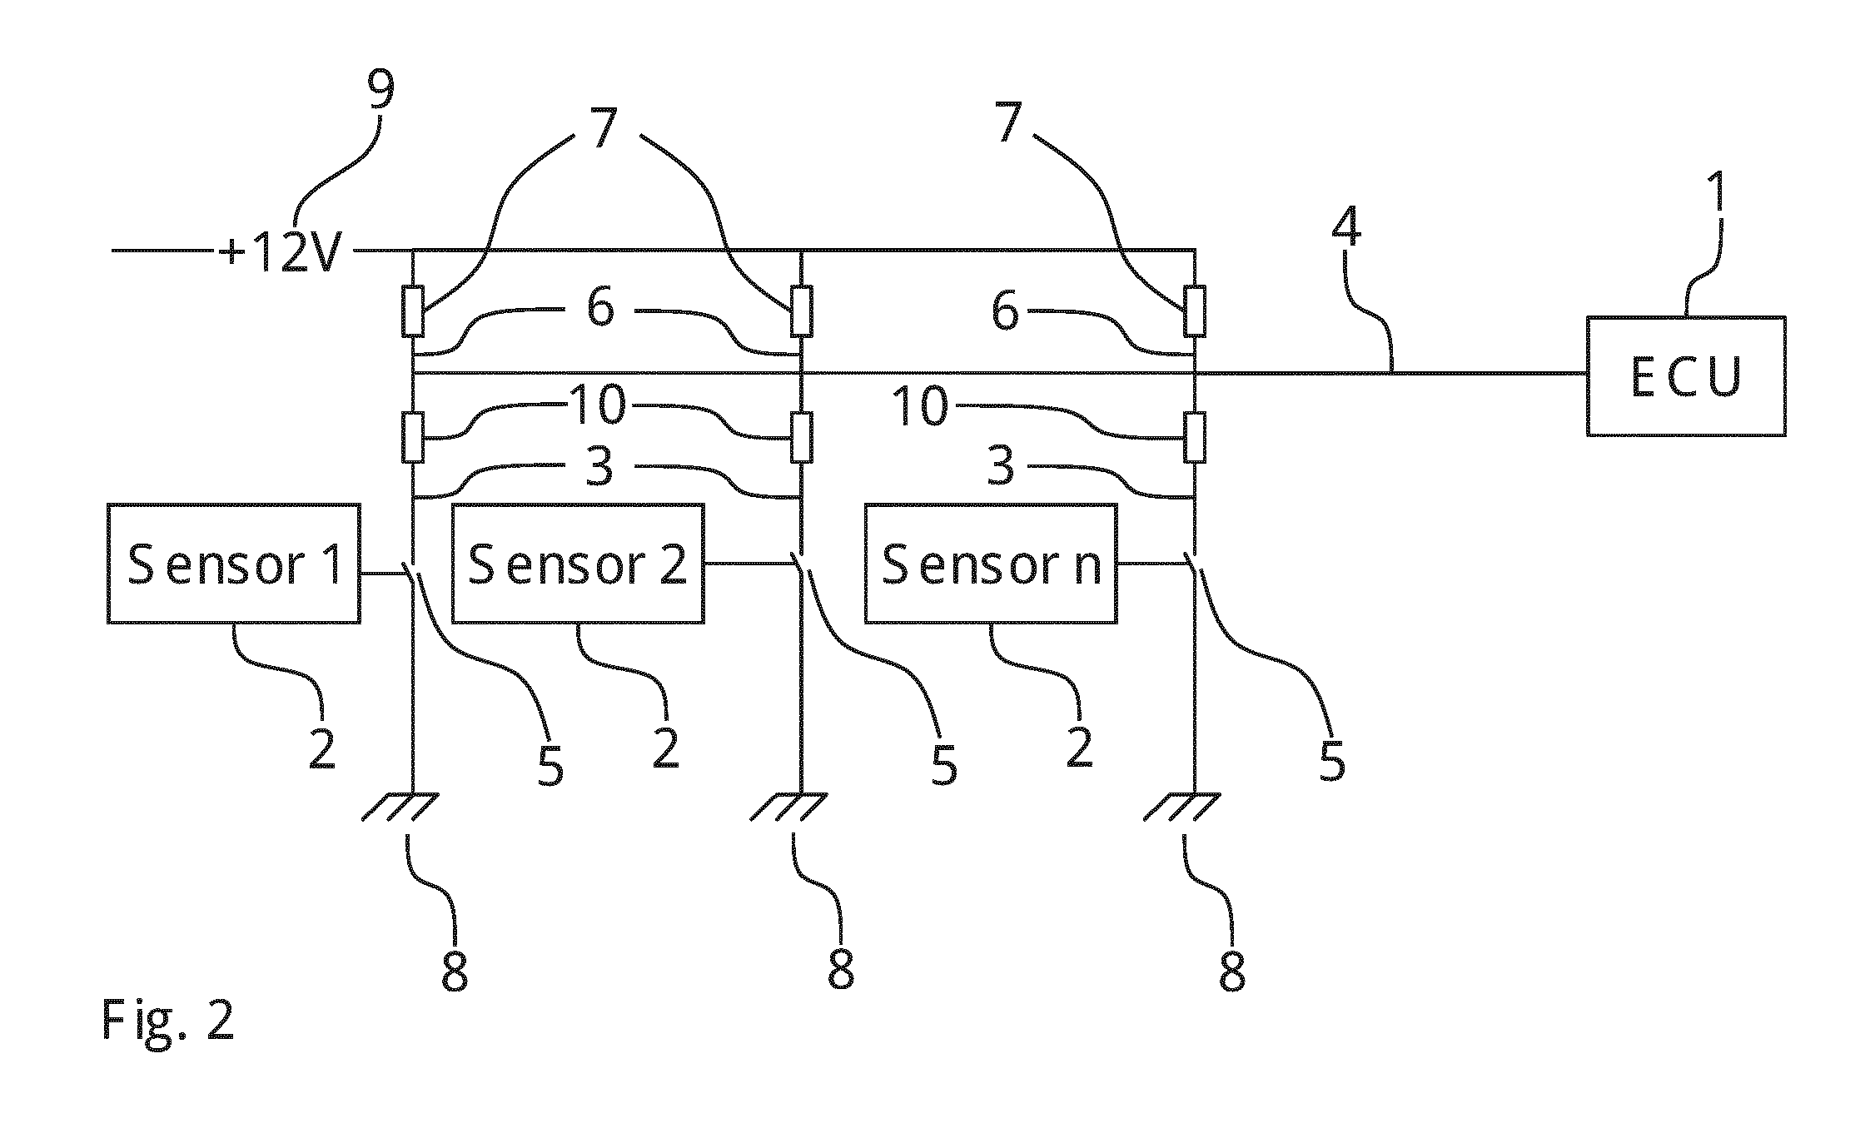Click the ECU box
tap(1686, 375)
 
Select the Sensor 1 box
tap(234, 564)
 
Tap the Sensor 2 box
tap(578, 564)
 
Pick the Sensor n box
tap(991, 564)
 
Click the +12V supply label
tap(281, 250)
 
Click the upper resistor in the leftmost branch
tap(413, 311)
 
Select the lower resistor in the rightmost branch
tap(1195, 437)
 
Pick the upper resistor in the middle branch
tap(801, 311)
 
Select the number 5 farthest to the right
tap(1332, 758)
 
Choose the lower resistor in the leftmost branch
tap(413, 437)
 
